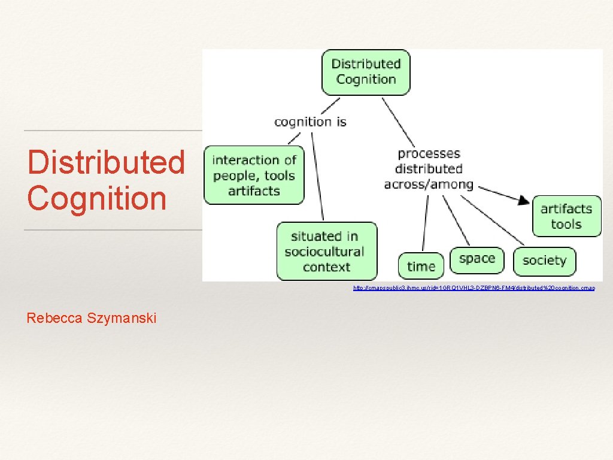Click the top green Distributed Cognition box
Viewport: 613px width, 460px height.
(x=366, y=72)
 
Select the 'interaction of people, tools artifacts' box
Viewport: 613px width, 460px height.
(x=254, y=175)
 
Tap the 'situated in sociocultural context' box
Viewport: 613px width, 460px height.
(x=326, y=252)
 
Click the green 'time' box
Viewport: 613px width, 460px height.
(x=421, y=266)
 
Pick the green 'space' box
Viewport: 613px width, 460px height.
(x=477, y=259)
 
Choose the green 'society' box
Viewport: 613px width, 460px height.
(x=544, y=261)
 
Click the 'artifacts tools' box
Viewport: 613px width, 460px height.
(x=566, y=216)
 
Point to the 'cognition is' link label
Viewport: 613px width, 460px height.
(x=310, y=122)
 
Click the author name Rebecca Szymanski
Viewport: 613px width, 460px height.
(x=91, y=318)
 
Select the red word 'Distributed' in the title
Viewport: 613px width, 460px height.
(x=106, y=162)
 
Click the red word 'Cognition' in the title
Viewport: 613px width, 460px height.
(x=96, y=198)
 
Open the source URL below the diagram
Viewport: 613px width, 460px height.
(x=474, y=288)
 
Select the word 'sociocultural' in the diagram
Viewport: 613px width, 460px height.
(x=324, y=252)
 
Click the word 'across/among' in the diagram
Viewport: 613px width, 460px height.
(x=429, y=184)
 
